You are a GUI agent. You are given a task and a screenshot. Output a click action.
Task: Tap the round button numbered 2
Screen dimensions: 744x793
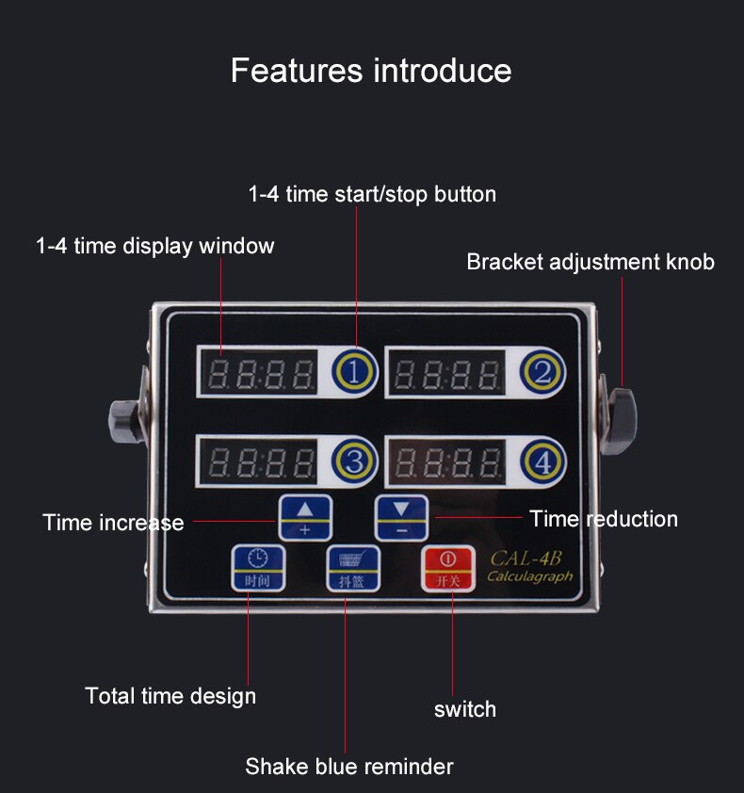pyautogui.click(x=542, y=373)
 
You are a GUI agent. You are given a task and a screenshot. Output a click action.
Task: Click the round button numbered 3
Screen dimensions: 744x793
pyautogui.click(x=354, y=461)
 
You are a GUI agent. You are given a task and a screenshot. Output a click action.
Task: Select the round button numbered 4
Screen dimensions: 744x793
pyautogui.click(x=543, y=461)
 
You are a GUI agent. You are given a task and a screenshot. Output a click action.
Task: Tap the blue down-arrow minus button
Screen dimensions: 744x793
pyautogui.click(x=401, y=518)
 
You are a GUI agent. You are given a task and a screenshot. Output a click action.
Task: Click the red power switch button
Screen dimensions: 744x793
pyautogui.click(x=448, y=568)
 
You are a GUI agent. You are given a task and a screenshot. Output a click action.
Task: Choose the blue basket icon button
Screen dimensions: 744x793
pyautogui.click(x=352, y=568)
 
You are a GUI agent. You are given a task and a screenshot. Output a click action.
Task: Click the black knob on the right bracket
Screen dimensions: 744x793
pyautogui.click(x=623, y=419)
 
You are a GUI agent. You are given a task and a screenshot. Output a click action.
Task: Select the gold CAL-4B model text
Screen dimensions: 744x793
pyautogui.click(x=526, y=558)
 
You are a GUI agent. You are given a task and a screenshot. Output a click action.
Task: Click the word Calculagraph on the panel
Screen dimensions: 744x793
pyautogui.click(x=529, y=576)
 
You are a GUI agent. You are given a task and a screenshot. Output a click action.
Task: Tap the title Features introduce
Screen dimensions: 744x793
pyautogui.click(x=371, y=70)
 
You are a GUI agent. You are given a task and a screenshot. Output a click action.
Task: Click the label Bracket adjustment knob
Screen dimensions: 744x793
pyautogui.click(x=590, y=262)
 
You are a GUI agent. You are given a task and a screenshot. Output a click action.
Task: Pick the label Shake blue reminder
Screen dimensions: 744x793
pyautogui.click(x=349, y=767)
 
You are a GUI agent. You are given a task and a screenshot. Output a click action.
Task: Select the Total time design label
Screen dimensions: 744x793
pyautogui.click(x=170, y=696)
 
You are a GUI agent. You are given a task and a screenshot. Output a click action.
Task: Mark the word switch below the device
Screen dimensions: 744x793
pyautogui.click(x=465, y=709)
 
